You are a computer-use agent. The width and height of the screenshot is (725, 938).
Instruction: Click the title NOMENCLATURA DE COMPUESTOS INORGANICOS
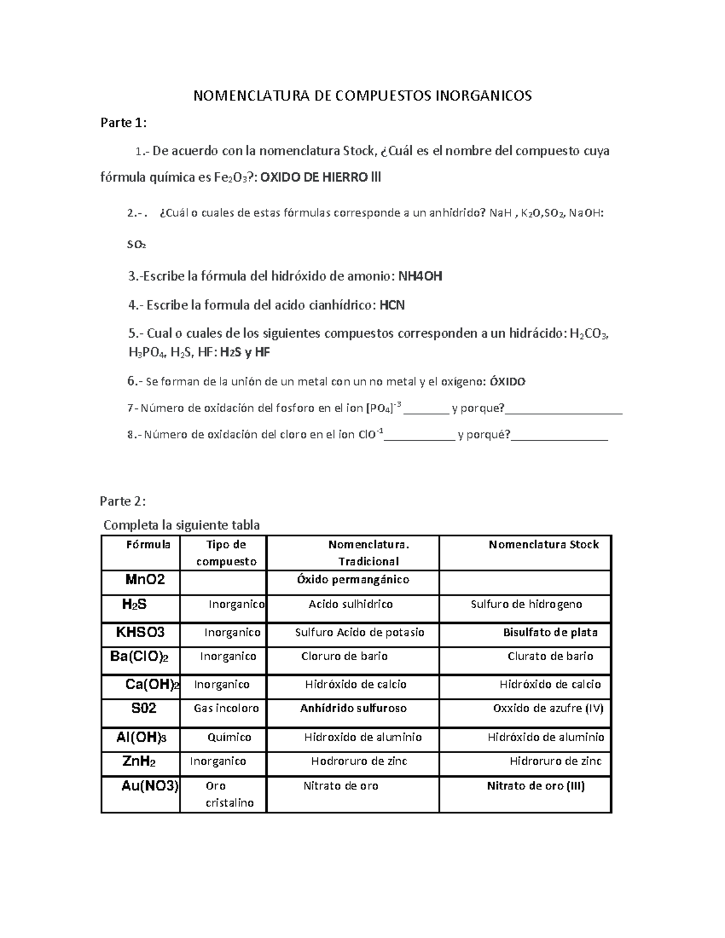pyautogui.click(x=362, y=95)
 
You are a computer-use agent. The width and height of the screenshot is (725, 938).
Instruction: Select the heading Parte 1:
pyautogui.click(x=123, y=123)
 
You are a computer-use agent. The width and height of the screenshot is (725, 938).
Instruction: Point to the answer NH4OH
pyautogui.click(x=420, y=277)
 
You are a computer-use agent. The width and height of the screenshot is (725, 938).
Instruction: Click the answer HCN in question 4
pyautogui.click(x=392, y=306)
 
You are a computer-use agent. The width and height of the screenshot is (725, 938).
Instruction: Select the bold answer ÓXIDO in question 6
pyautogui.click(x=507, y=382)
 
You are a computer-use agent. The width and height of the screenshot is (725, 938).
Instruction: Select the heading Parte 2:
pyautogui.click(x=123, y=501)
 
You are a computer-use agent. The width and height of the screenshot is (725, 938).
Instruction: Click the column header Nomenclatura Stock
pyautogui.click(x=543, y=545)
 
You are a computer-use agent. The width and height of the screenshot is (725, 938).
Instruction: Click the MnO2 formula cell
pyautogui.click(x=145, y=580)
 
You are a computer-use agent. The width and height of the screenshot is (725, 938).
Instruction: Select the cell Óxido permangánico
pyautogui.click(x=353, y=580)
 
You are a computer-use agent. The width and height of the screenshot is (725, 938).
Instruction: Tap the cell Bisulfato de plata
pyautogui.click(x=550, y=632)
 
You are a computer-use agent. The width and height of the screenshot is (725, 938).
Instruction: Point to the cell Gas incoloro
pyautogui.click(x=226, y=708)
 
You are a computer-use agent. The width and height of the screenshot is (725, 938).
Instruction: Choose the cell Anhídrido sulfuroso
pyautogui.click(x=353, y=708)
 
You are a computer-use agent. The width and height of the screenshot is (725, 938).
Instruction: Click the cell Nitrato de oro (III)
pyautogui.click(x=536, y=786)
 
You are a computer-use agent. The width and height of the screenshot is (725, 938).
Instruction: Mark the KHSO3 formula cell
pyautogui.click(x=141, y=632)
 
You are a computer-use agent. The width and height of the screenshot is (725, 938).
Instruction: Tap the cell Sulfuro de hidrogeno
pyautogui.click(x=526, y=605)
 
